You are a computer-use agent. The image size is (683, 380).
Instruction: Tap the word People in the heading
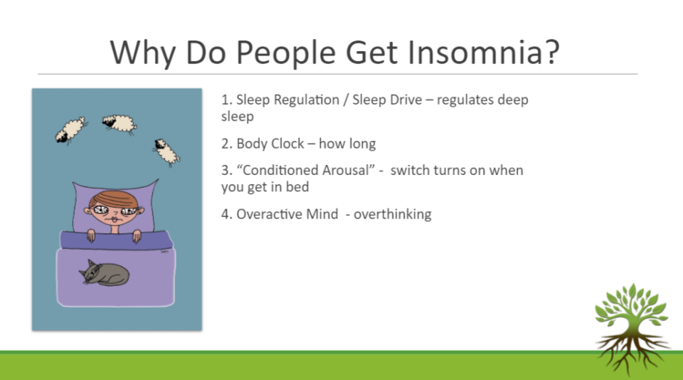[x=286, y=54]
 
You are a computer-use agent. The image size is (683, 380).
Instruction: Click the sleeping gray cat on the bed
[x=105, y=273]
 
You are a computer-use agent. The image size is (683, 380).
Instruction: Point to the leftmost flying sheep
[x=70, y=130]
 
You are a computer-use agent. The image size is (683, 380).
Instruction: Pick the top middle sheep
[x=120, y=123]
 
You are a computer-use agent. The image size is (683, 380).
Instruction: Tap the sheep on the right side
[x=166, y=152]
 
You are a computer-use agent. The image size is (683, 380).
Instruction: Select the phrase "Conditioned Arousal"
[x=306, y=170]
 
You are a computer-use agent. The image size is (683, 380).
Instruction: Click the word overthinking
[x=393, y=214]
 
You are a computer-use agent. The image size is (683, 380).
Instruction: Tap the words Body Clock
[x=270, y=143]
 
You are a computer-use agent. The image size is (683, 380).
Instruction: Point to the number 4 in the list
[x=226, y=214]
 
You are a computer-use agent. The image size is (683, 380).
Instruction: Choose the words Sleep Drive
[x=387, y=100]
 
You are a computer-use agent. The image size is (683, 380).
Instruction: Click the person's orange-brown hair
[x=114, y=199]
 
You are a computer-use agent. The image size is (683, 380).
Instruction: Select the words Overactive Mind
[x=287, y=214]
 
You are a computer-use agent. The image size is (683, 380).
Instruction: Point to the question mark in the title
[x=551, y=52]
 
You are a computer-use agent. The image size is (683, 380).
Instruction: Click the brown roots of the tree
[x=632, y=353]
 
